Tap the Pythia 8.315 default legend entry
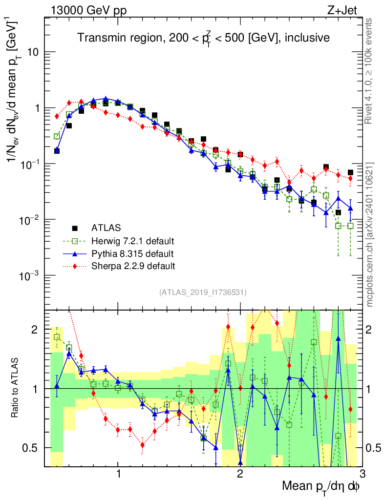132,253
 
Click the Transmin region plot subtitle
204,38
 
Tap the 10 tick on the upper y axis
33,52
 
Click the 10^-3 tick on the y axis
29,276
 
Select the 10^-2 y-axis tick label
29,220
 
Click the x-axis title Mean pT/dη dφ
321,487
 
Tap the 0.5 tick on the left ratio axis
33,448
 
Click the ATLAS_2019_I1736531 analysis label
203,292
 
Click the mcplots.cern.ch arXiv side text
370,234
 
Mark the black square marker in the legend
75,228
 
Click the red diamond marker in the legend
75,266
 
